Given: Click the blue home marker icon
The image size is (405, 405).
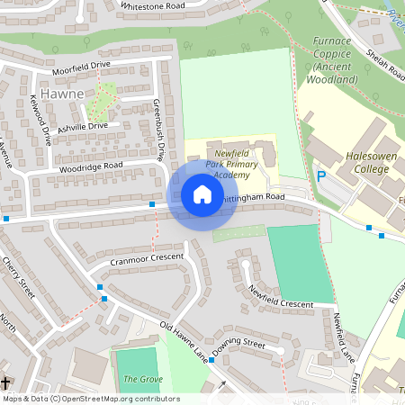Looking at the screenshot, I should point(202,194).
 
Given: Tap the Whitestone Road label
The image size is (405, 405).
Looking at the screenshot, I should point(152,5).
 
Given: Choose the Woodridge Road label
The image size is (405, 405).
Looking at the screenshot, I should point(91,166).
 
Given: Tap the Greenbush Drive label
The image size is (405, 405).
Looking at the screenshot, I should point(159,130).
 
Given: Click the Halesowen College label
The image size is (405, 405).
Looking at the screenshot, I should point(373,162).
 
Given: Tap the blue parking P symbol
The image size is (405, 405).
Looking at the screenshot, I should point(321,177).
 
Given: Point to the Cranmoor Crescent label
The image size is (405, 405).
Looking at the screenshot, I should point(146,258).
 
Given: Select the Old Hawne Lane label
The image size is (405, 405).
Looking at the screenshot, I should point(183,341).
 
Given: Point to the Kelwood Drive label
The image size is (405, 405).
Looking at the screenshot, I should point(41,121).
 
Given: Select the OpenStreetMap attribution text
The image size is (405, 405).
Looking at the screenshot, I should point(91,398).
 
